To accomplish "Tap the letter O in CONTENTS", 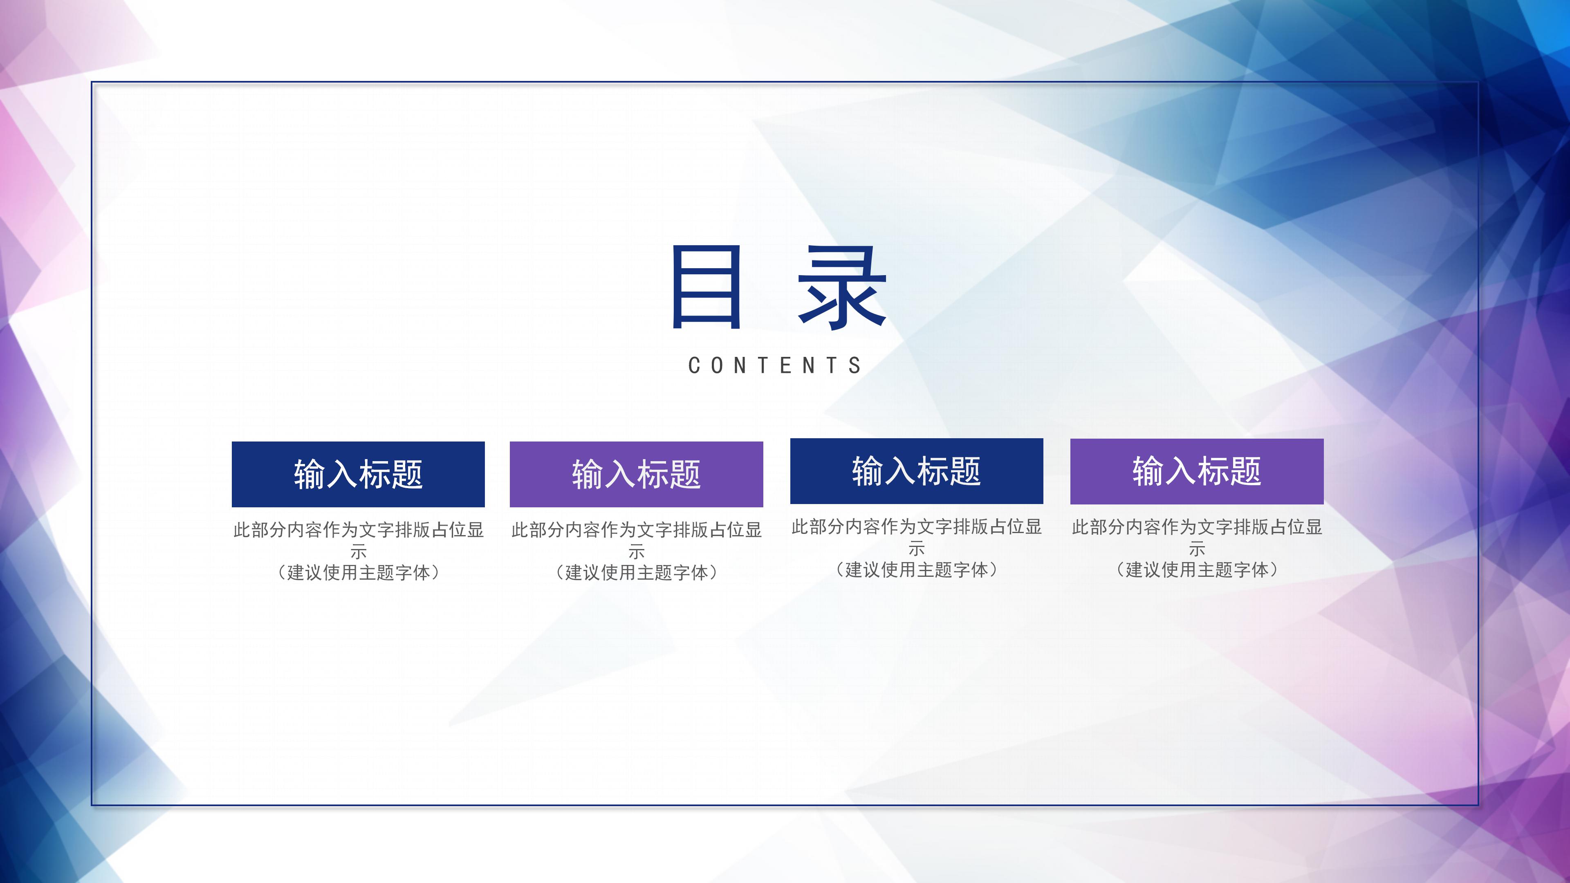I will [717, 365].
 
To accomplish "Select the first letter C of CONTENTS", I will [693, 365].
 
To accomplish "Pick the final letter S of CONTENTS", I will [855, 365].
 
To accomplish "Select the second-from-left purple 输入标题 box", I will [636, 474].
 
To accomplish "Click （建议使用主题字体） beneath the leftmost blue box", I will [359, 573].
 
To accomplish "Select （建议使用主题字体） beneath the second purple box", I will [636, 573].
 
